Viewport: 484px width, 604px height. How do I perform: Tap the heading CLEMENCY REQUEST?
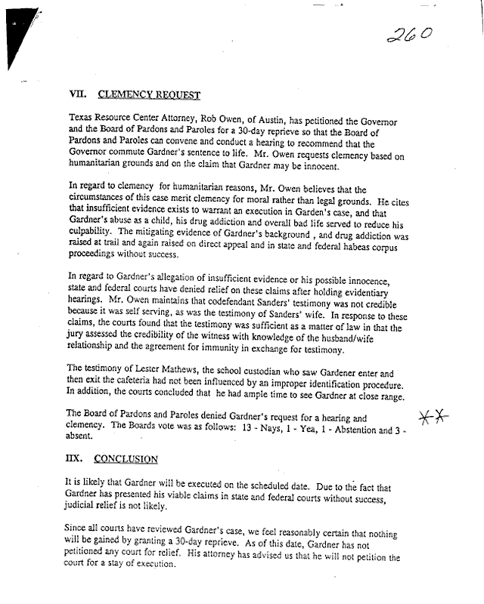click(150, 95)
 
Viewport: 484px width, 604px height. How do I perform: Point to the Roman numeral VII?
click(77, 95)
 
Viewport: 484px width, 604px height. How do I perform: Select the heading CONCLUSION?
click(127, 459)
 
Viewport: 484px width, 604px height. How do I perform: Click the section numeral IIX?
click(77, 459)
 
